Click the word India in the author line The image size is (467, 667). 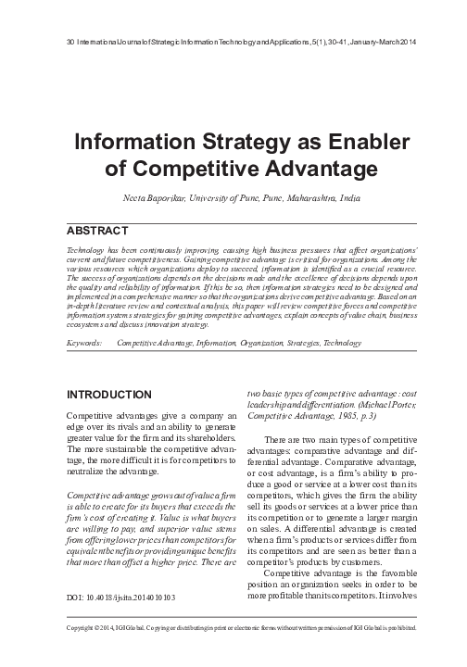pos(347,198)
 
